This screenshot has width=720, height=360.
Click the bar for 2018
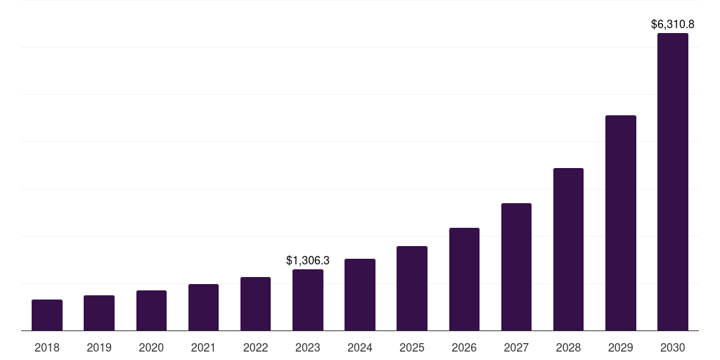click(x=47, y=315)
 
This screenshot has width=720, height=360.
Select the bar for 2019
click(x=99, y=313)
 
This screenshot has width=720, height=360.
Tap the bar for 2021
click(x=203, y=307)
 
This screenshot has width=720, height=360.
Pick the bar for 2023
click(x=308, y=300)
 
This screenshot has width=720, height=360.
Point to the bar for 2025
click(x=412, y=288)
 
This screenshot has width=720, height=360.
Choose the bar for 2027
click(x=516, y=267)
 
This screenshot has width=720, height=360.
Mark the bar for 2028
click(x=568, y=250)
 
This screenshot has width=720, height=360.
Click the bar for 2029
click(x=621, y=223)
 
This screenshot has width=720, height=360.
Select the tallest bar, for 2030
click(x=673, y=182)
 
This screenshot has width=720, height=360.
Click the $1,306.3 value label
click(x=308, y=260)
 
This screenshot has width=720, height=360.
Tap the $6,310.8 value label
click(x=673, y=24)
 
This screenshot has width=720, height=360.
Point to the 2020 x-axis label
click(x=151, y=347)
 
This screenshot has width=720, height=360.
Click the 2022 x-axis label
click(x=255, y=347)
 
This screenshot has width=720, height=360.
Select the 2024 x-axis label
click(x=360, y=347)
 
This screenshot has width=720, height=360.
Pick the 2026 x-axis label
click(x=464, y=347)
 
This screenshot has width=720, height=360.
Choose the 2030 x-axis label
click(x=673, y=347)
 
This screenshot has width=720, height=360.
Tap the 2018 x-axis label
click(x=47, y=347)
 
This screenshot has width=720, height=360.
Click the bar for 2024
click(x=360, y=295)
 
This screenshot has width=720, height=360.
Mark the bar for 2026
click(x=464, y=279)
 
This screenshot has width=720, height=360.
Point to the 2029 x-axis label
click(x=621, y=347)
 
